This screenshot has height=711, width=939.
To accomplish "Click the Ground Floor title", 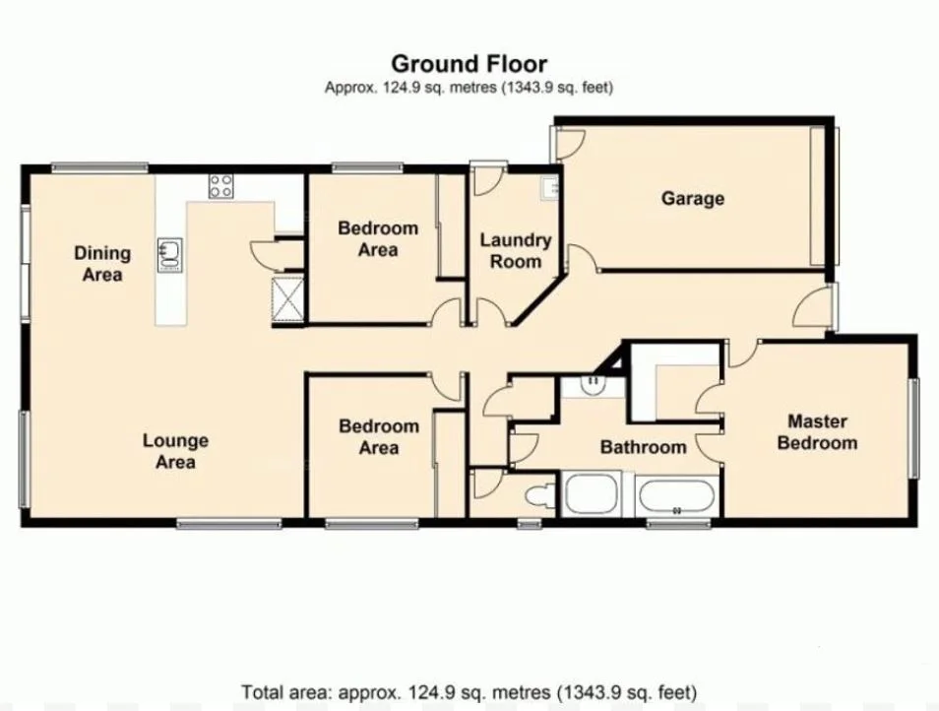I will point(469,66).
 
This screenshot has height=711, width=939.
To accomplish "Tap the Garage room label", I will point(692,198).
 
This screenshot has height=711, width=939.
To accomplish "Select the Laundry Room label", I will point(515,250).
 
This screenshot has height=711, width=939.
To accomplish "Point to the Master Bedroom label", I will point(817,432).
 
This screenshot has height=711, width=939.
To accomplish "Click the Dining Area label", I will point(102,264).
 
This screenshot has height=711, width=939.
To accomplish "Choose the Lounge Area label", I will point(175,451).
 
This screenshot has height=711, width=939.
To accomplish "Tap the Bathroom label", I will point(643,447).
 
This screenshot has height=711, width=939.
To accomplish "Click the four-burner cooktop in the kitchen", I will point(220,185).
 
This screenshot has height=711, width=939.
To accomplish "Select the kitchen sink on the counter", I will point(168,252).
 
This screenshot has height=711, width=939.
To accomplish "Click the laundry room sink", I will point(549,187).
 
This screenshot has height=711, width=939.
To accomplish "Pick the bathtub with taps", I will point(677,495).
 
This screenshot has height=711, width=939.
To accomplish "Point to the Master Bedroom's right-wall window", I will point(912,428).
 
